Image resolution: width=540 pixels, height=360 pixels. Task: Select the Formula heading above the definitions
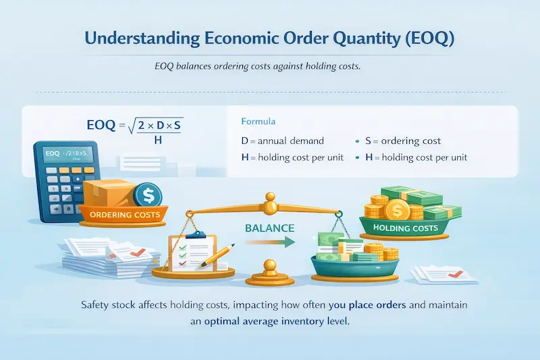coord(259,124)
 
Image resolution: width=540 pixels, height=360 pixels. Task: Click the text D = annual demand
coord(282,141)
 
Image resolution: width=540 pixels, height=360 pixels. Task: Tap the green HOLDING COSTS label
coord(406,229)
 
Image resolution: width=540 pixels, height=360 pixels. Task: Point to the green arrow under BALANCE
coord(270,242)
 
